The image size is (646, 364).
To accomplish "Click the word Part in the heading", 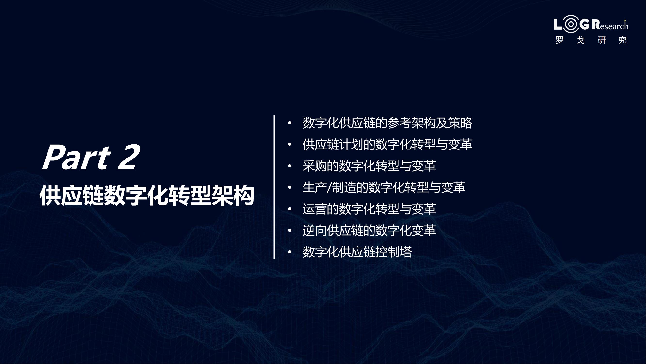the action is (77, 157).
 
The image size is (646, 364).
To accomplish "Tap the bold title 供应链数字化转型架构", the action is (147, 195).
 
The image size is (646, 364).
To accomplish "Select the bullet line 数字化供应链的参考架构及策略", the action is (387, 123).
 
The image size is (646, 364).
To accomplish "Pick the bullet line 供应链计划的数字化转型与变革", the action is (387, 144).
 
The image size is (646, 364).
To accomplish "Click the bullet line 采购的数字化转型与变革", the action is (369, 166).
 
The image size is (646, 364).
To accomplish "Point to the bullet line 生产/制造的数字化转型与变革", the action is (384, 187).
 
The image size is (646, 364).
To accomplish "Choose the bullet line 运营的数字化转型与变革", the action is (369, 209).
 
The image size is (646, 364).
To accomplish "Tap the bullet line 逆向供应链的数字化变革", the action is (369, 230).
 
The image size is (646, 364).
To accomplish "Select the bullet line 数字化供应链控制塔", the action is (357, 252).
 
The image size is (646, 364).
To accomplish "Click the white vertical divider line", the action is (274, 187).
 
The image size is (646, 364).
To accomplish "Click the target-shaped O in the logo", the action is (571, 24).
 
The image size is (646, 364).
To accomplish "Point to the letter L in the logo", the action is (558, 24).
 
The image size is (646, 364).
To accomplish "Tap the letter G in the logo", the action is (584, 24).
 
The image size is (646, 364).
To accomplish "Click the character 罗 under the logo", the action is (560, 40).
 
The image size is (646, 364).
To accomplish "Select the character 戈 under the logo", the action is (581, 40).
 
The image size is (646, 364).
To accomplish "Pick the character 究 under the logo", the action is (623, 40).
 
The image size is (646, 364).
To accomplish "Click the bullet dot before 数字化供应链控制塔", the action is (290, 252).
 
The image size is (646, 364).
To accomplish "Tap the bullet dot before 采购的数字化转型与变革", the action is (290, 166).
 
